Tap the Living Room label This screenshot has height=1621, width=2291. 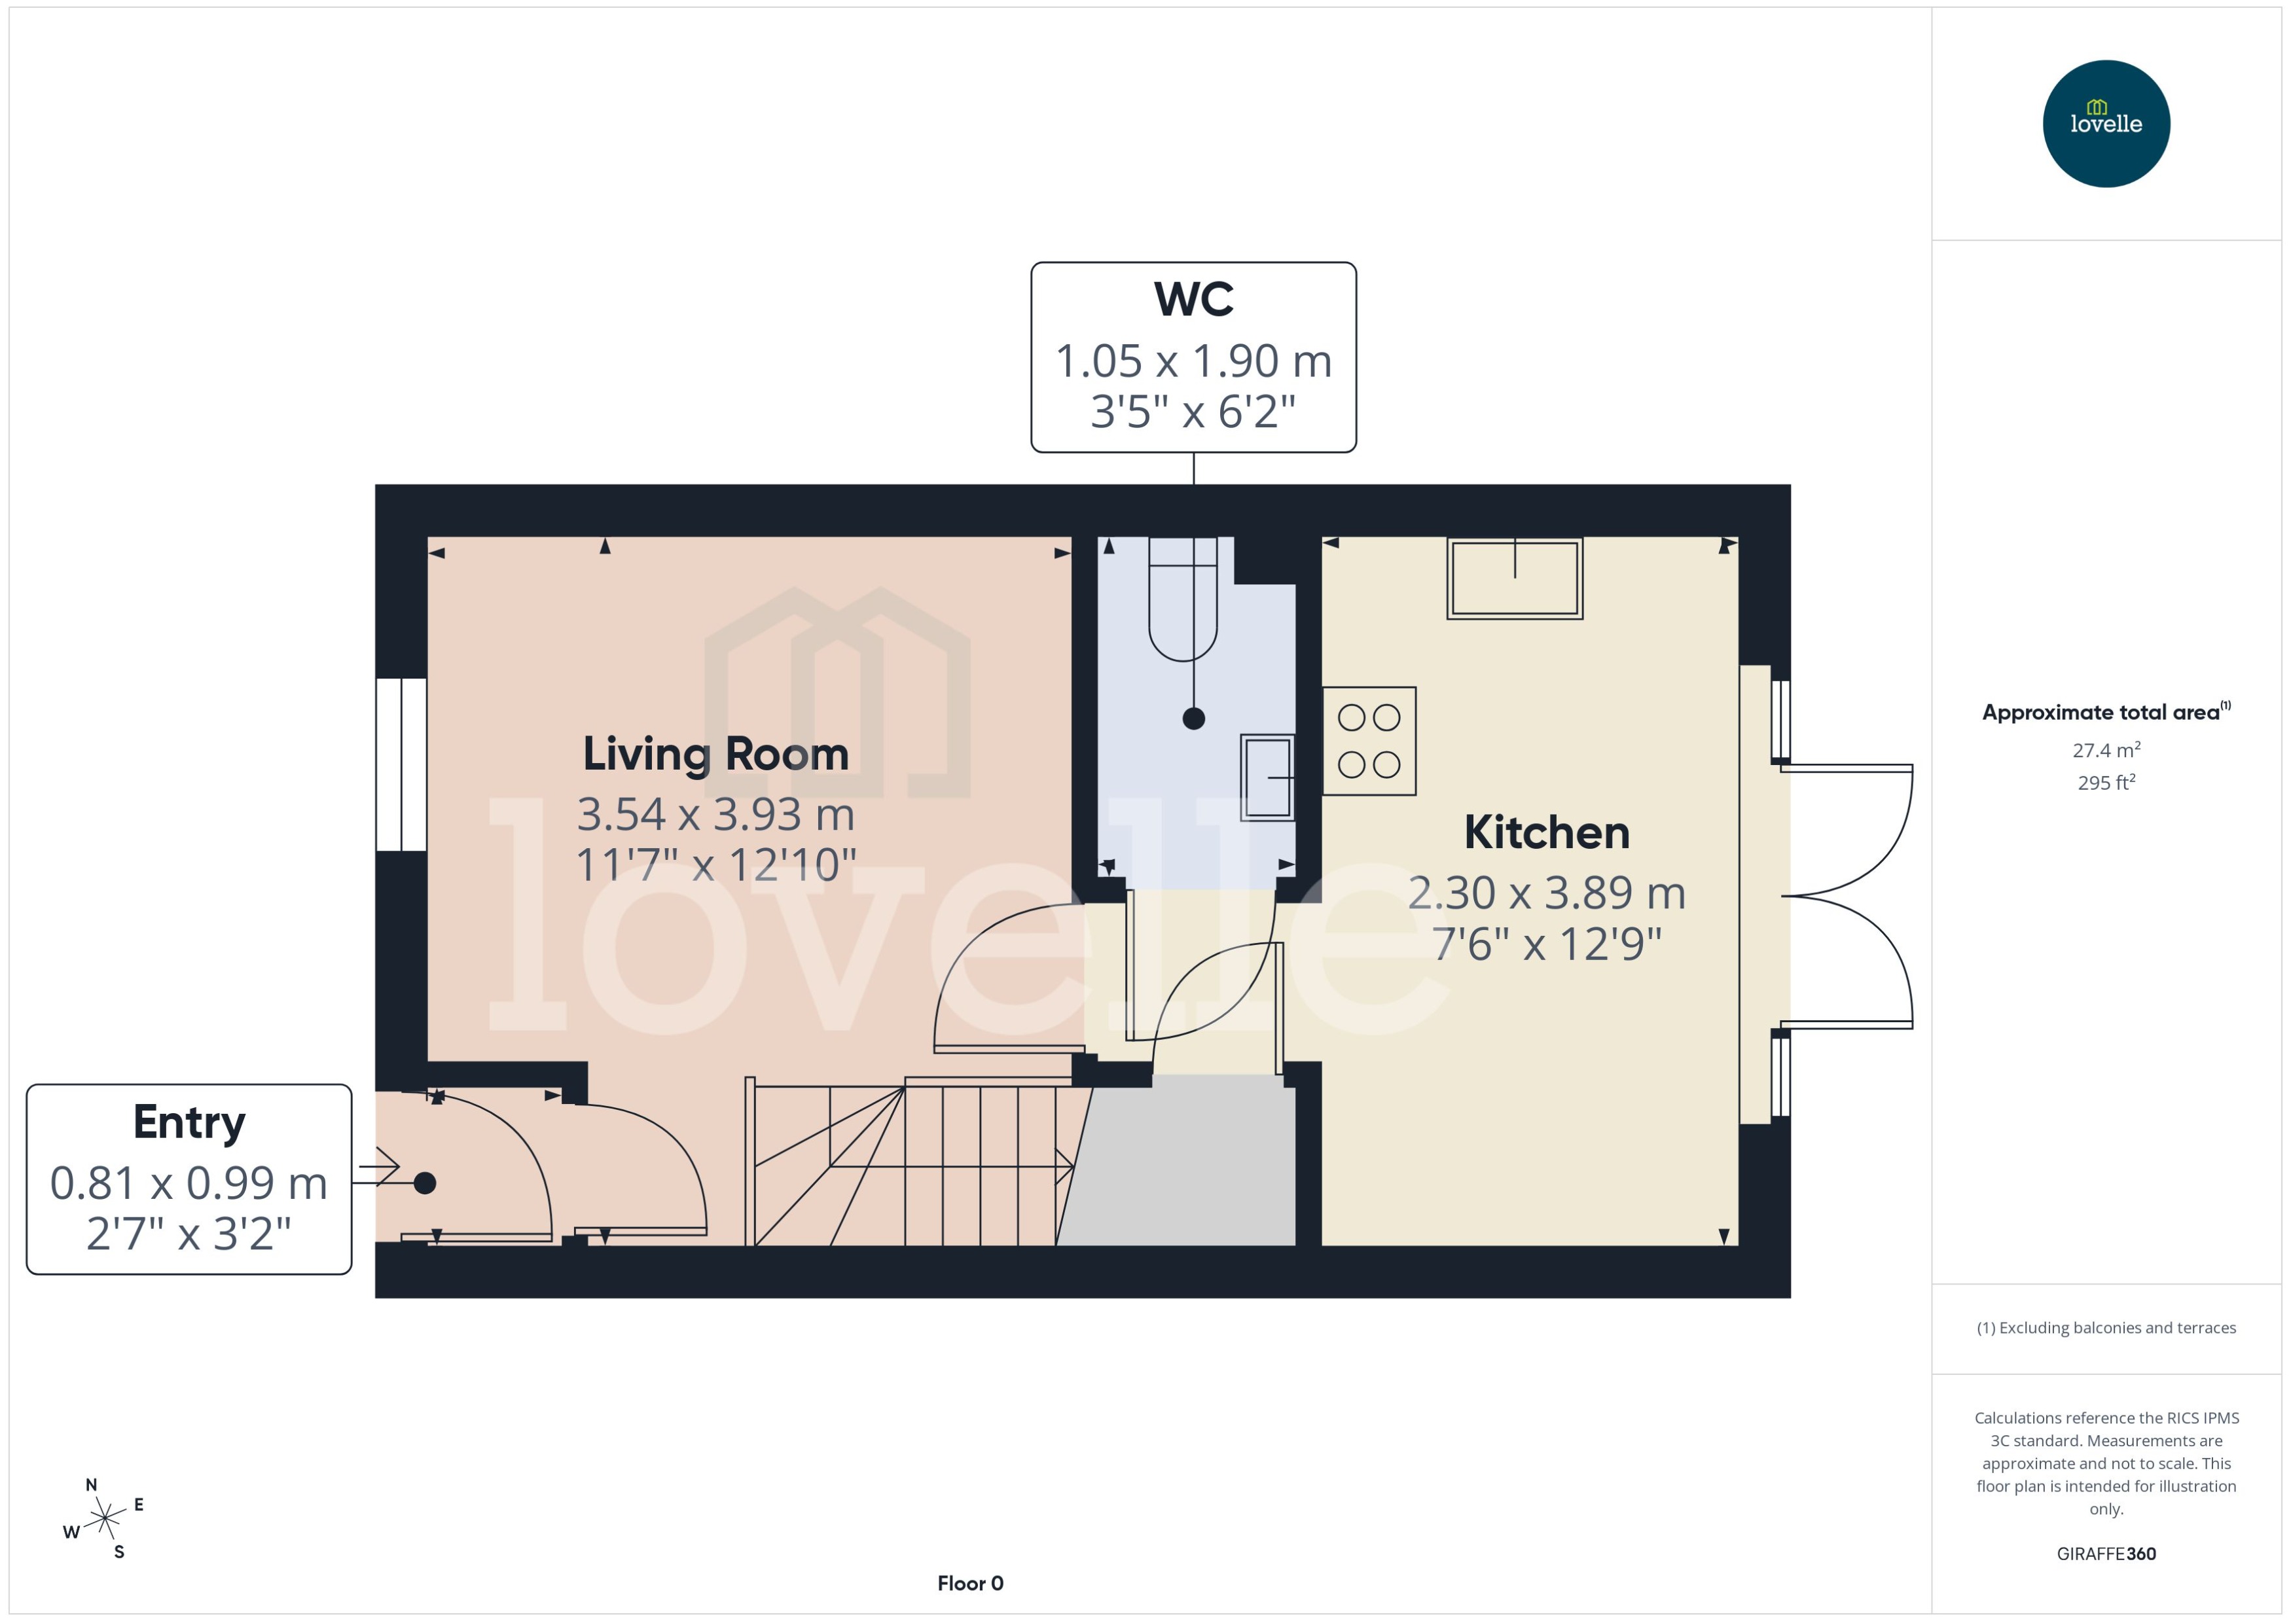[715, 754]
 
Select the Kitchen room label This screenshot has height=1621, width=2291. [1545, 832]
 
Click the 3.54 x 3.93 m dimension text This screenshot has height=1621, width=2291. [715, 815]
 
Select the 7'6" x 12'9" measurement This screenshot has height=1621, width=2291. [1545, 943]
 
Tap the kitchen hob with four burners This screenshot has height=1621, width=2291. [1369, 741]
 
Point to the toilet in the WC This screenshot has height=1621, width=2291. [1182, 599]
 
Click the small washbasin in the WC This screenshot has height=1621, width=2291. [1267, 777]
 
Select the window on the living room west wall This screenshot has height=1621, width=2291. [401, 764]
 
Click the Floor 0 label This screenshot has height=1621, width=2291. [969, 1583]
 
